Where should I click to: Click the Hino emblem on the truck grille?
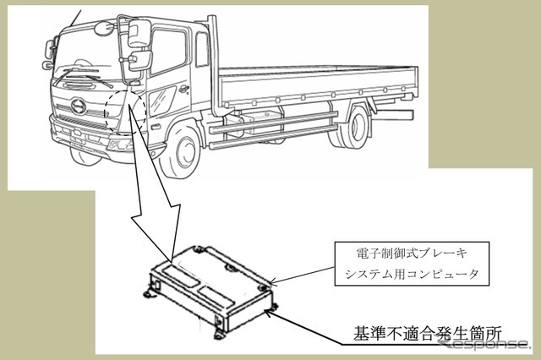tap(79, 106)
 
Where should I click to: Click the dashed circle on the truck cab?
tap(125, 112)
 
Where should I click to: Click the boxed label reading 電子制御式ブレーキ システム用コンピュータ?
tap(412, 264)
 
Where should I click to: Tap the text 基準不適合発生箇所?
tap(427, 333)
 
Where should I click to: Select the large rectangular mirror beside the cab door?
tap(139, 33)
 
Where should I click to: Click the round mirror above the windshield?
tap(102, 28)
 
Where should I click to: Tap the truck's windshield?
tap(86, 55)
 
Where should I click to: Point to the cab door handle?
tap(183, 89)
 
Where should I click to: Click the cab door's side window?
tap(168, 52)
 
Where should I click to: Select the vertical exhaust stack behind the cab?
tap(215, 66)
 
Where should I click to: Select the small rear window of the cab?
tap(202, 49)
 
